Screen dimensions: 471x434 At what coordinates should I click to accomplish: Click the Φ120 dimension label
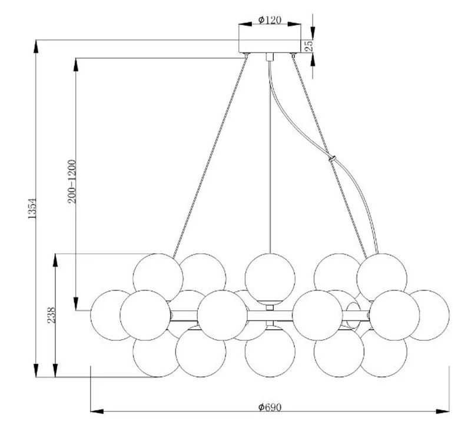[x=270, y=20]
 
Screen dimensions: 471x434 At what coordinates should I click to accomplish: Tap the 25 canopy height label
[x=309, y=45]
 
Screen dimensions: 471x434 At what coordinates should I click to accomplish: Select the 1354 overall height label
[x=32, y=208]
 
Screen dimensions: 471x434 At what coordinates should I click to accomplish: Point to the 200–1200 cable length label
[x=72, y=181]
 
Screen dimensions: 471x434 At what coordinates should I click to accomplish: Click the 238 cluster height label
[x=52, y=315]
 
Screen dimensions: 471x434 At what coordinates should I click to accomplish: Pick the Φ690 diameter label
[x=270, y=407]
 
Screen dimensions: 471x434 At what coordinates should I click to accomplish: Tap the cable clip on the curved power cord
[x=332, y=158]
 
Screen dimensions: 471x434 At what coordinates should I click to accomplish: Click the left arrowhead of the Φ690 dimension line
[x=97, y=411]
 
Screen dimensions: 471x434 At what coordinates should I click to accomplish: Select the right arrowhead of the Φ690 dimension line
[x=443, y=411]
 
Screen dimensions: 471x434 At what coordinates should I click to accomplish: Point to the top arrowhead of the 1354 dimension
[x=36, y=47]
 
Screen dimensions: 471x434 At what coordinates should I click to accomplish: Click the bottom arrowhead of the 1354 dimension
[x=36, y=370]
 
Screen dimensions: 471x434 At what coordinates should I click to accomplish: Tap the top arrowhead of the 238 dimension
[x=55, y=260]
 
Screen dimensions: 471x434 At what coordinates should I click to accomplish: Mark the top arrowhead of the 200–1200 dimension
[x=76, y=65]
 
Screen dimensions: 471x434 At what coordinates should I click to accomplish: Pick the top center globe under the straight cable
[x=270, y=279]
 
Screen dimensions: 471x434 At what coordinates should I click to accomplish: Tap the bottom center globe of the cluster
[x=270, y=352]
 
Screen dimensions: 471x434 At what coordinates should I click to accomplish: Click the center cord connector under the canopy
[x=270, y=57]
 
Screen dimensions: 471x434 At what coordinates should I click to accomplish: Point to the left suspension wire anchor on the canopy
[x=247, y=55]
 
